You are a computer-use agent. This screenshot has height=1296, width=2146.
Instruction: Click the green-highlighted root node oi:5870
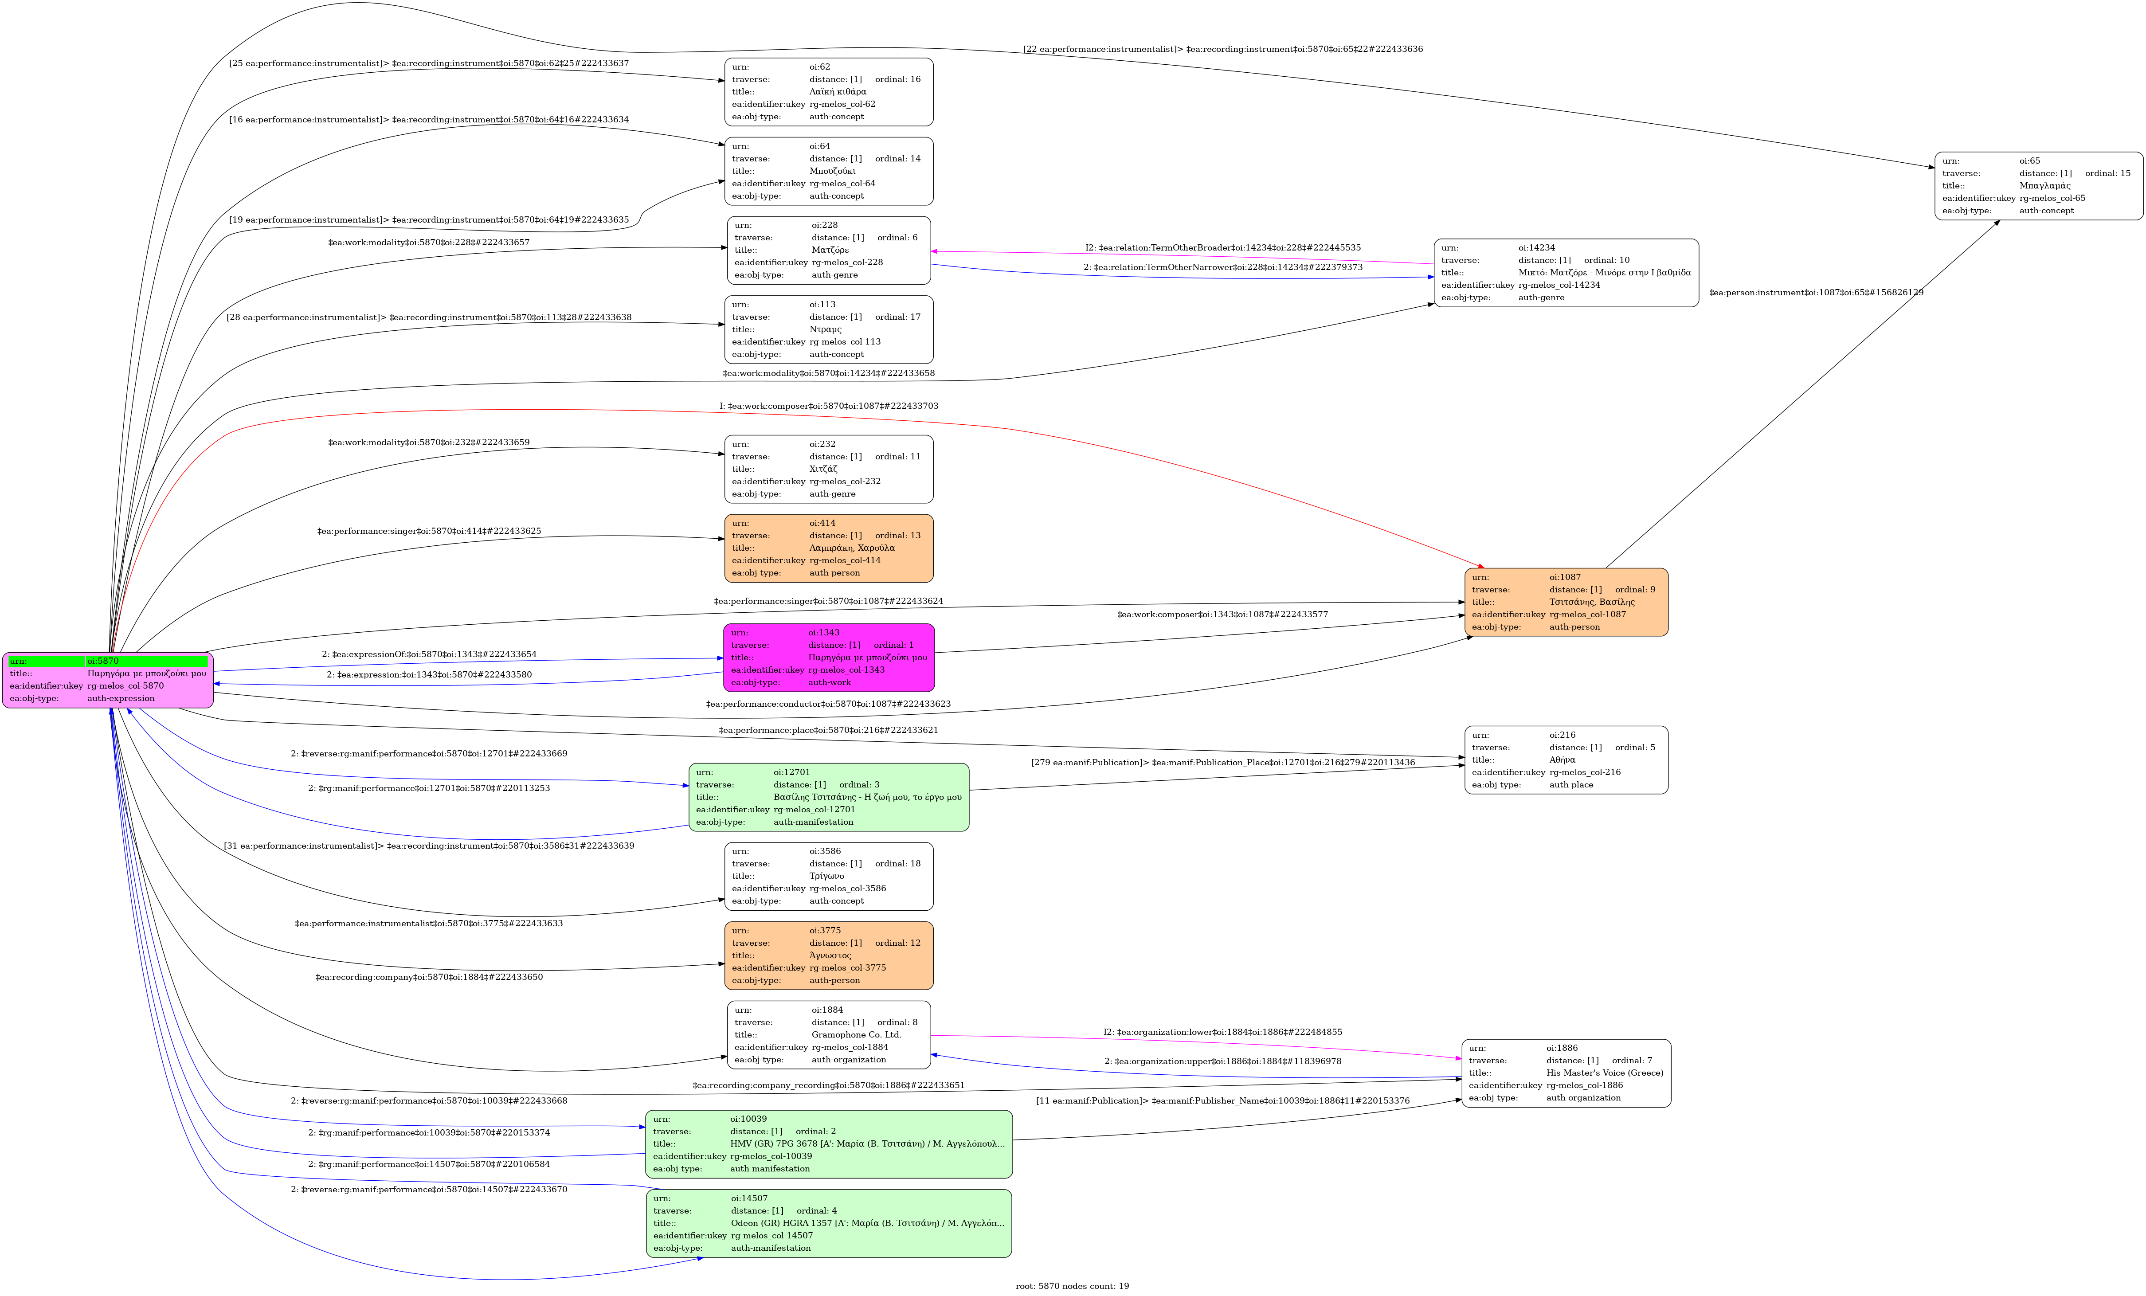pos(108,679)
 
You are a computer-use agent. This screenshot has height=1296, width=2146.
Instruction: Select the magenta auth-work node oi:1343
pos(828,658)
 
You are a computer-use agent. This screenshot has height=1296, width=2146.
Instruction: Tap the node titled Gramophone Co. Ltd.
pos(828,1035)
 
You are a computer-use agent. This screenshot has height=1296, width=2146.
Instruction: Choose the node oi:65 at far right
pos(2038,185)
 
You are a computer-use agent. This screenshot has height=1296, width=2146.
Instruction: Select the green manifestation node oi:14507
pos(828,1223)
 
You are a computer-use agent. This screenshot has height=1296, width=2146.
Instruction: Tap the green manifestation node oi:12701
pos(828,797)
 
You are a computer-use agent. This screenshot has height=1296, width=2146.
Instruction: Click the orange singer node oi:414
pos(828,548)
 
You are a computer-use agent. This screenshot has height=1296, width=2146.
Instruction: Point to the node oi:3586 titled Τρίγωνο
pos(828,876)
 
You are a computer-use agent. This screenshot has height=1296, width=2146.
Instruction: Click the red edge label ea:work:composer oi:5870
pos(828,406)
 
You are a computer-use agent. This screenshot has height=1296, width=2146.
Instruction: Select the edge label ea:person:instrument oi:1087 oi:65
pos(1816,293)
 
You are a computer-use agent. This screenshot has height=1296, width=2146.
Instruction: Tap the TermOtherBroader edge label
pos(1223,247)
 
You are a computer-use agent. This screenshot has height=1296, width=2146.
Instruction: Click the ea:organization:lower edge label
pos(1223,1032)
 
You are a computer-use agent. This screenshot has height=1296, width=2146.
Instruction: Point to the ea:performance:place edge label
pos(828,730)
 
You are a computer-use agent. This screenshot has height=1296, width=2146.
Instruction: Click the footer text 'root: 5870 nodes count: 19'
pos(1072,1285)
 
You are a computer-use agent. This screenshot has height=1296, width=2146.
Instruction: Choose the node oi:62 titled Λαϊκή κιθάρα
pos(828,91)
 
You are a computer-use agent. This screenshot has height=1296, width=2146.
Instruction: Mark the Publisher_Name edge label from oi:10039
pos(1223,1101)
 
